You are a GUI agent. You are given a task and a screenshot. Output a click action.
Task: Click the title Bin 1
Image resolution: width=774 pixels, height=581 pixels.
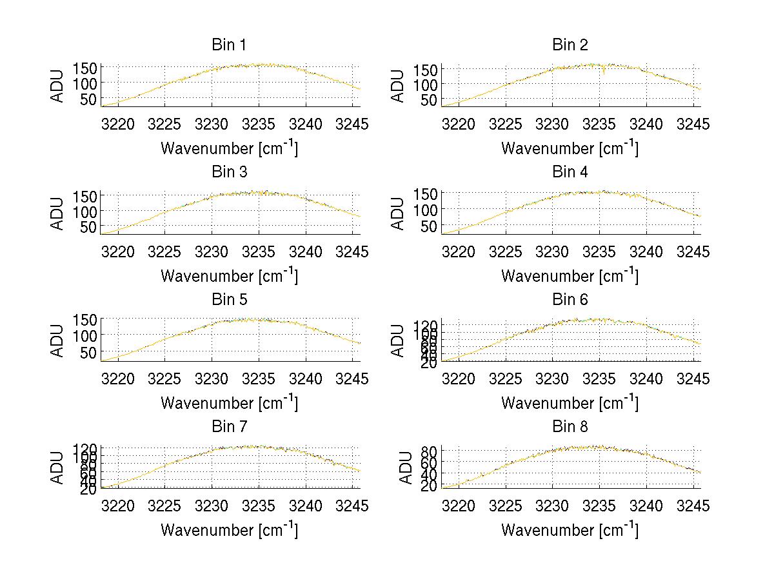click(229, 45)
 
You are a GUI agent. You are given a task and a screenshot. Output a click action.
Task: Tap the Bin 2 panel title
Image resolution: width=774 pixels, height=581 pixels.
click(570, 45)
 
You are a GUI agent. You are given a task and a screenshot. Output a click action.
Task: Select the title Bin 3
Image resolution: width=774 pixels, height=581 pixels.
click(229, 172)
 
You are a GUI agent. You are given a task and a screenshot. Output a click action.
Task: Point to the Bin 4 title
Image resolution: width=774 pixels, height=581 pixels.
click(570, 172)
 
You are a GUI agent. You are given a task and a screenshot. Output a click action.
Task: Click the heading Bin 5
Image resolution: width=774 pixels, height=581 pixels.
click(229, 300)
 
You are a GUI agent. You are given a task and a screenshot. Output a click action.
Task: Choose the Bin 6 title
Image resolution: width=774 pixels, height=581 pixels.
click(570, 300)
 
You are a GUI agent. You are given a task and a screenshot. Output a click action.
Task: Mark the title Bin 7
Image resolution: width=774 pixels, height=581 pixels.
click(229, 427)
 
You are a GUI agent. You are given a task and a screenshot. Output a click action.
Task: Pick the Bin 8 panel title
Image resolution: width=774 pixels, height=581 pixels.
click(570, 427)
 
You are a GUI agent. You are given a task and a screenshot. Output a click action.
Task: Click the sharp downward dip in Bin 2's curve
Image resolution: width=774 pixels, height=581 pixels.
click(603, 73)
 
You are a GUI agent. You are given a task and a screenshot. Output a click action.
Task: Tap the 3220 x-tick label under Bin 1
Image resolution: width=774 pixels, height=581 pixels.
click(119, 124)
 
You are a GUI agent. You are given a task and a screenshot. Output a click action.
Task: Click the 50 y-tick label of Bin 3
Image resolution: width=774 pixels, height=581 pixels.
click(88, 226)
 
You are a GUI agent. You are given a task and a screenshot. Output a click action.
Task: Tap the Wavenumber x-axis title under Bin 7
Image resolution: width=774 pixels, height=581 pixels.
click(229, 529)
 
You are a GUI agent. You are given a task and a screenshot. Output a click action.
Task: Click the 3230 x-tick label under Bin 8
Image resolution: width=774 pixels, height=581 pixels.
click(552, 506)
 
